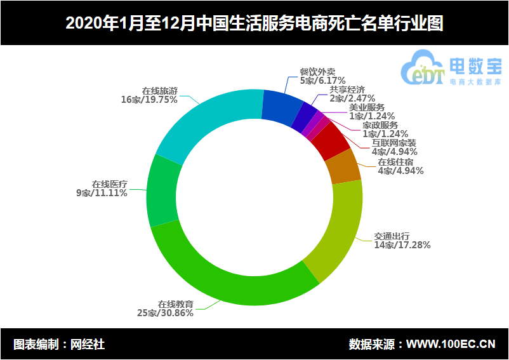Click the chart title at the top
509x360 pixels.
(x=254, y=23)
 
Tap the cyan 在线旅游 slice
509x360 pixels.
(x=203, y=121)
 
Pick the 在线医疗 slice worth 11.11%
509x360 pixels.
(x=164, y=190)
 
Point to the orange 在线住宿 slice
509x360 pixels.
(x=343, y=166)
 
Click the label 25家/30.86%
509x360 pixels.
(x=166, y=313)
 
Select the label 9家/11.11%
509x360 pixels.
(x=102, y=194)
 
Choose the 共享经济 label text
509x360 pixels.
(x=347, y=90)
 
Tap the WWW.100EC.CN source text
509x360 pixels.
(x=451, y=345)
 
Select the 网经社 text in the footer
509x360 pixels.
(x=87, y=345)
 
